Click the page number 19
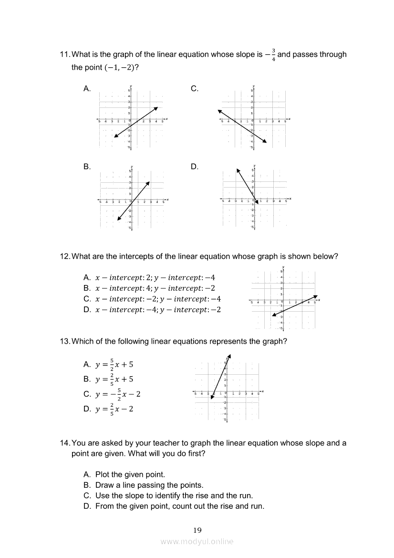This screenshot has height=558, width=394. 197,530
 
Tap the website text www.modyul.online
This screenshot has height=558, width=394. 197,541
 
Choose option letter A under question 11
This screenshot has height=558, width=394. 87,88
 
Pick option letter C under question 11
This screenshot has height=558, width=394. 195,88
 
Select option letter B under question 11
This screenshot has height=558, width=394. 87,167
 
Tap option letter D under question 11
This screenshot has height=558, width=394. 195,167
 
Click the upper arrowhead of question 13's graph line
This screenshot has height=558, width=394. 229,356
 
